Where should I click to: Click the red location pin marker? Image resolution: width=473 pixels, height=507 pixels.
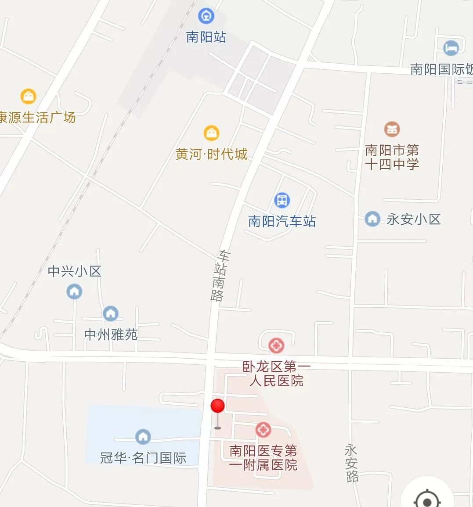[217, 407]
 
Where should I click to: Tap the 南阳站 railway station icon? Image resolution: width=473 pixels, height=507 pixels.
[206, 16]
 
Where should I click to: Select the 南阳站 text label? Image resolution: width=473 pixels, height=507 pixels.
[206, 37]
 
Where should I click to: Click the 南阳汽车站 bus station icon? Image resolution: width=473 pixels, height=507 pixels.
[282, 200]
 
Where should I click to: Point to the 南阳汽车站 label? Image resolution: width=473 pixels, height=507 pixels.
[282, 221]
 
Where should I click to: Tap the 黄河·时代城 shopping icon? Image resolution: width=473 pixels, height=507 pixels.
[211, 133]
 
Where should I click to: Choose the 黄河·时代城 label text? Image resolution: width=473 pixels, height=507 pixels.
[212, 154]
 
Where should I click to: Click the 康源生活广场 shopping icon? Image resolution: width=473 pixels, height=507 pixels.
[29, 96]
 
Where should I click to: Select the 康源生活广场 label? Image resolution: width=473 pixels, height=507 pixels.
[37, 117]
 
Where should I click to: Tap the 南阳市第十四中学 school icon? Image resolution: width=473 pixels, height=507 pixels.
[392, 129]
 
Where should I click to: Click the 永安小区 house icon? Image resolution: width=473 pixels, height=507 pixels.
[372, 219]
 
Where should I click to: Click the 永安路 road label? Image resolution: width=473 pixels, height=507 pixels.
[351, 463]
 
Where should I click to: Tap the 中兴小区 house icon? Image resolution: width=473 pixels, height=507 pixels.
[74, 291]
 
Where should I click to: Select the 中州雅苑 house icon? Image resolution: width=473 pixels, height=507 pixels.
[110, 313]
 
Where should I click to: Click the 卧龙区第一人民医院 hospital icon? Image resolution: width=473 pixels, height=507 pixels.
[276, 345]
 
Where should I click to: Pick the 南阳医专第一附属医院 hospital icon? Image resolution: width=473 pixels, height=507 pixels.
[263, 430]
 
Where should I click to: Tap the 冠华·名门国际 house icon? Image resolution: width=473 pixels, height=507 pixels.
[143, 436]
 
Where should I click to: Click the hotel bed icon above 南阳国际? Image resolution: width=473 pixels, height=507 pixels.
[451, 48]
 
